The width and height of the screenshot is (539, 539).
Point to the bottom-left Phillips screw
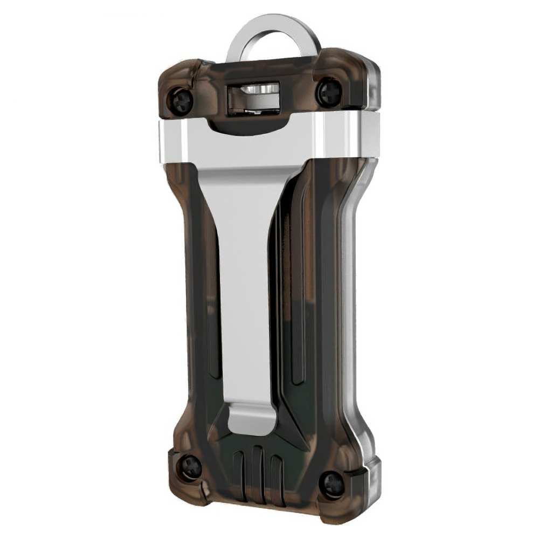tap(190, 466)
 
